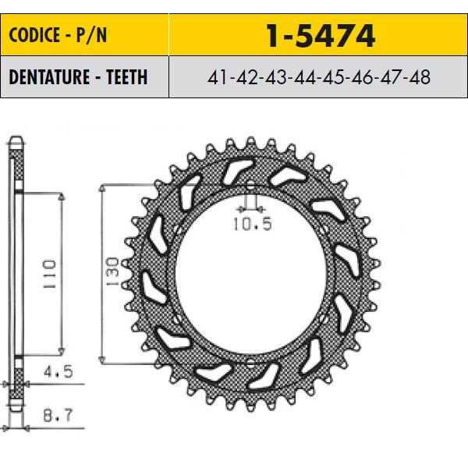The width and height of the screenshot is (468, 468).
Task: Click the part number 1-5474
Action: (321, 36)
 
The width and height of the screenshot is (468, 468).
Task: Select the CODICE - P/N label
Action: (58, 35)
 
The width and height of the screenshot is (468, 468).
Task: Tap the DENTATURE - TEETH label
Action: (78, 77)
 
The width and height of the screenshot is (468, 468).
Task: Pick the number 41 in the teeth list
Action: (218, 77)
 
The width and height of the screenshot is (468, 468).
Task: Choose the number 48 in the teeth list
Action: (420, 77)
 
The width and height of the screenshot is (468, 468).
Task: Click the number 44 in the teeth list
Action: (305, 77)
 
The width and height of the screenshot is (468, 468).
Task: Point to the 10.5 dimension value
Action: (253, 224)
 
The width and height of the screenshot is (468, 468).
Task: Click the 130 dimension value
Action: (112, 271)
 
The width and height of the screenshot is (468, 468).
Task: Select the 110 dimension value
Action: (49, 274)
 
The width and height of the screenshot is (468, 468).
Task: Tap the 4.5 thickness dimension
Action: (58, 372)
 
